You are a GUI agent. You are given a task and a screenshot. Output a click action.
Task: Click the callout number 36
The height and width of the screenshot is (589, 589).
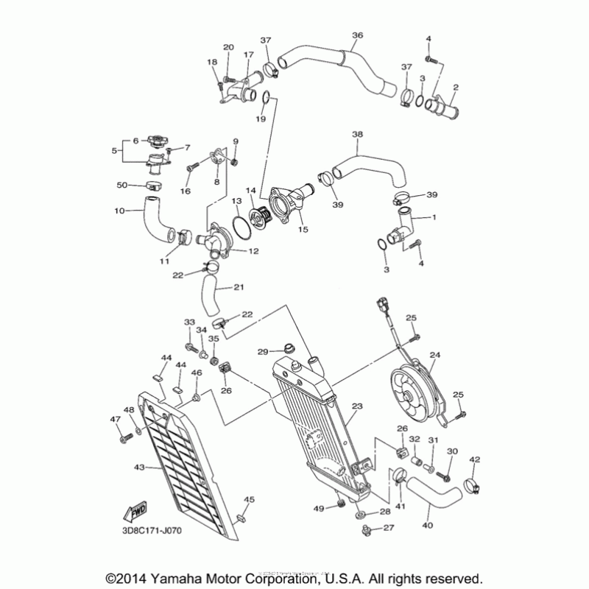click(x=358, y=35)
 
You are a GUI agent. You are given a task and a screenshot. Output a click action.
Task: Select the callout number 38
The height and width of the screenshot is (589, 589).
click(x=358, y=135)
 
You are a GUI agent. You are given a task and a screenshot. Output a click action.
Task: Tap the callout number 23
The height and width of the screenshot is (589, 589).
click(x=358, y=406)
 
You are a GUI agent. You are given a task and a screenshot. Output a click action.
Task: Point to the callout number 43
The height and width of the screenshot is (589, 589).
click(x=140, y=467)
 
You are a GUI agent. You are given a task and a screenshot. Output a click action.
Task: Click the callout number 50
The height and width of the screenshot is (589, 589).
click(x=124, y=185)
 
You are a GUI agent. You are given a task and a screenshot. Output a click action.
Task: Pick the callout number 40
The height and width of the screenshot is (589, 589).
click(x=427, y=527)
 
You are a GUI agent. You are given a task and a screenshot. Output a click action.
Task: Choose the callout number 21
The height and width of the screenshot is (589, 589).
click(x=239, y=287)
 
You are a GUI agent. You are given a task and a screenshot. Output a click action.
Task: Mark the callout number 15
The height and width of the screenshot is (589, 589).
click(x=303, y=230)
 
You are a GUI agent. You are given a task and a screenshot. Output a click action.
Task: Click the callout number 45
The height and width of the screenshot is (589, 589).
click(x=249, y=501)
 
